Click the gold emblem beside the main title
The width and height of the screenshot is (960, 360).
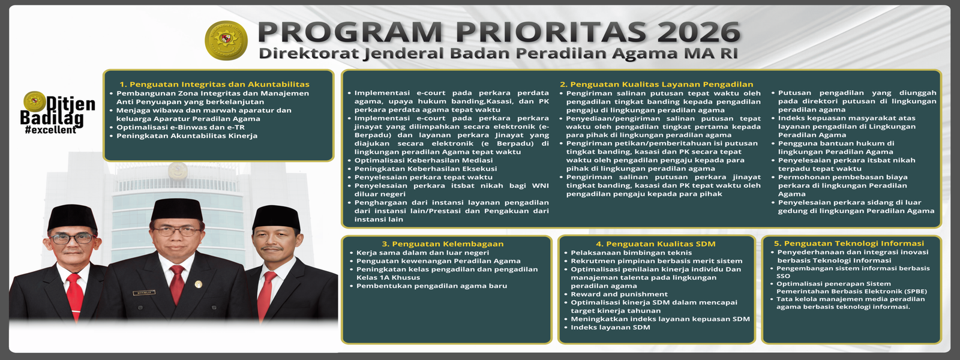point(226,40)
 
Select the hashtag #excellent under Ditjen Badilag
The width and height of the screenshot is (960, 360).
point(50,130)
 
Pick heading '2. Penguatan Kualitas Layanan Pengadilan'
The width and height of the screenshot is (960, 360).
point(656,85)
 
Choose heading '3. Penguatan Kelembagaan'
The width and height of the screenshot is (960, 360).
point(443,244)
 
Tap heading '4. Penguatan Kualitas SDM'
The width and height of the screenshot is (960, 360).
point(655,244)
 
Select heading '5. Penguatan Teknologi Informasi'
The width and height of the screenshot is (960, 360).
point(848,244)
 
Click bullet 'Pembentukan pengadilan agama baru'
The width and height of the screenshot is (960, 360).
point(431,286)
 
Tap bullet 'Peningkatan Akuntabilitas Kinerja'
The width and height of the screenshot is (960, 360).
point(187,136)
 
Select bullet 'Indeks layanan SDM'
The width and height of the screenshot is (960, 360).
point(610,328)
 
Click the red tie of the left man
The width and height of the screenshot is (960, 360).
point(74,295)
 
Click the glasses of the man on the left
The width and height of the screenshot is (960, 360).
point(71,238)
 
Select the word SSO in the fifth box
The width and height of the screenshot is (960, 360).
point(783,276)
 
